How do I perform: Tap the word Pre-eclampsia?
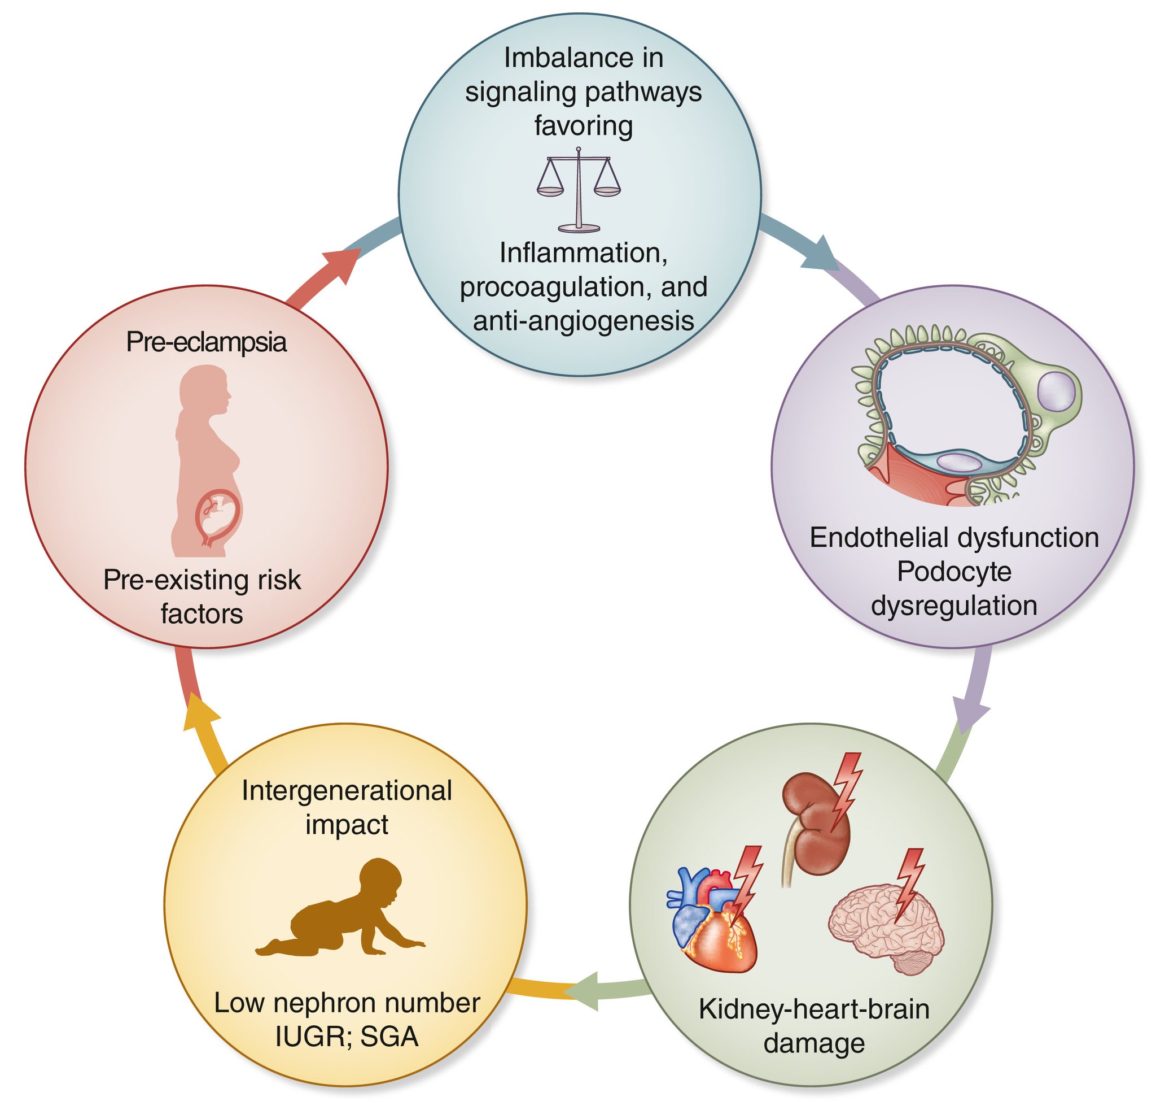pos(207,342)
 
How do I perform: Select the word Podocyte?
pos(954,571)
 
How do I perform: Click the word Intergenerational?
pos(347,791)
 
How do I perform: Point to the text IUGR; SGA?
pos(347,1037)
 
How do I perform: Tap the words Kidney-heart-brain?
pos(814,1009)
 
